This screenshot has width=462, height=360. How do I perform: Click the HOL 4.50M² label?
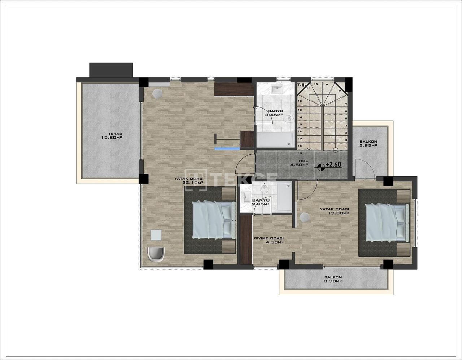(299, 163)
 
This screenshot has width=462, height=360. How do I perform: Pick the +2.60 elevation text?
(333, 164)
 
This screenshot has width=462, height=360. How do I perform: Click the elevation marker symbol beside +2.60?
(321, 167)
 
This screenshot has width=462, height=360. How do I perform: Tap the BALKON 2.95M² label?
(368, 144)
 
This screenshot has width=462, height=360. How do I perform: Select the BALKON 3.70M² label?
(333, 280)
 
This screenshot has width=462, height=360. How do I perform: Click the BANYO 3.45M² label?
(273, 113)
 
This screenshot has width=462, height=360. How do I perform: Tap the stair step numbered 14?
(300, 118)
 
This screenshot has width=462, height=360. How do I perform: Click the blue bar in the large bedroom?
(227, 148)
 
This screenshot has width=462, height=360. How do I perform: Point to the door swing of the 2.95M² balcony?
(364, 170)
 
